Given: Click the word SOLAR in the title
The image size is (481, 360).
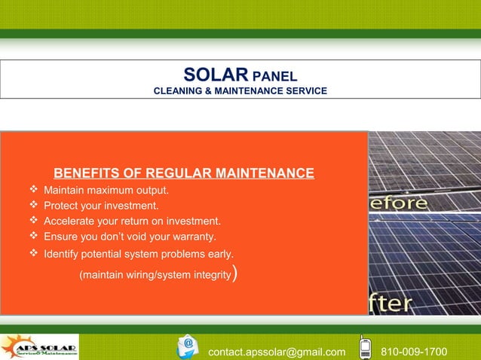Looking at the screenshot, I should point(216,75).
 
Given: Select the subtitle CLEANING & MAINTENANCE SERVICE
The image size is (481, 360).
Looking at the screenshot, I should point(240,91).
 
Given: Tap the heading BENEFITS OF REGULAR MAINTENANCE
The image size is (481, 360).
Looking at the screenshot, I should point(183,174).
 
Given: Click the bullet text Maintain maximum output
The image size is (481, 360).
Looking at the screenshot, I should point(106,190).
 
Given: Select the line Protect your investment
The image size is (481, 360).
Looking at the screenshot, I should point(101,206).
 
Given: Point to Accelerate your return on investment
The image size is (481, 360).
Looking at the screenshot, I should point(132,221).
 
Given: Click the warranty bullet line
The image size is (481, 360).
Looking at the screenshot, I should point(130,236).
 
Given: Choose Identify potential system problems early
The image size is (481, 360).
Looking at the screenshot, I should point(138,253).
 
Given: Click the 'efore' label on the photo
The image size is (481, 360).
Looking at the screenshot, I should point(398,203).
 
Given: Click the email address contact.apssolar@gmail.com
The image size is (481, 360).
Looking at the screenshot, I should point(277,352).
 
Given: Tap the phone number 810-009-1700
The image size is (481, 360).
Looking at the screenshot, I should point(414,352).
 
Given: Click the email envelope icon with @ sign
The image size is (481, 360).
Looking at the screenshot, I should point(188,346).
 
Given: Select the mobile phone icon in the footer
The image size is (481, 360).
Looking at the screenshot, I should point(365,347).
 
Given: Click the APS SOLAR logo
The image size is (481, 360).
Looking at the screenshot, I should point(39,347).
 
